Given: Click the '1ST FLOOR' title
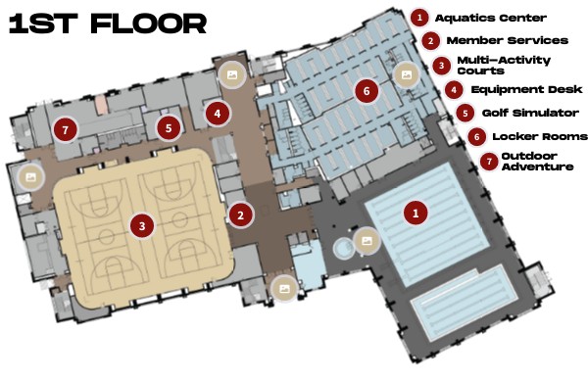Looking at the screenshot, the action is tap(108, 24).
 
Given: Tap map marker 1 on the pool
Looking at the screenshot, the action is tap(416, 213).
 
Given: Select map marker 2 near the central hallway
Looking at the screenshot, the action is tap(240, 215).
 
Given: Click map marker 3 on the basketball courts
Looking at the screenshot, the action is tap(142, 225).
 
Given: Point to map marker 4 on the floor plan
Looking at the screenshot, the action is tap(218, 114).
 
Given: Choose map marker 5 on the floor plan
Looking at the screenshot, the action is tap(169, 128).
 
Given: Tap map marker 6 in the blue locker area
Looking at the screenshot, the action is tap(367, 90).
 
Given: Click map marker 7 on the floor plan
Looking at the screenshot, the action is tap(66, 129).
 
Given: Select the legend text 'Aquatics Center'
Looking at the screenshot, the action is tap(491, 18).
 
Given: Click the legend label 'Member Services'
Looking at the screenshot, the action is tap(508, 40).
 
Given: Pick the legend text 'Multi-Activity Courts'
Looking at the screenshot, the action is tap(504, 66).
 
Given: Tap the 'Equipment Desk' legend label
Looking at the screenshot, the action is tap(526, 89).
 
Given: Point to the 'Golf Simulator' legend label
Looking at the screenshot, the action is tap(530, 113).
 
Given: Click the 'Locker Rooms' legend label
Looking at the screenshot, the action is tap(540, 136).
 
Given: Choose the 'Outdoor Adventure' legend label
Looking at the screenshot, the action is tap(537, 162).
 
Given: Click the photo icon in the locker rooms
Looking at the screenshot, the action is tap(407, 74).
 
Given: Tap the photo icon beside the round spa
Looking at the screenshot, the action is tap(367, 241).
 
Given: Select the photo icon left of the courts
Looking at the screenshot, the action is tap(30, 177).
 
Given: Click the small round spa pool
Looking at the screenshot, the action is tap(343, 248).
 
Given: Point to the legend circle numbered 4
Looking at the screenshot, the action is tap(454, 89).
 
